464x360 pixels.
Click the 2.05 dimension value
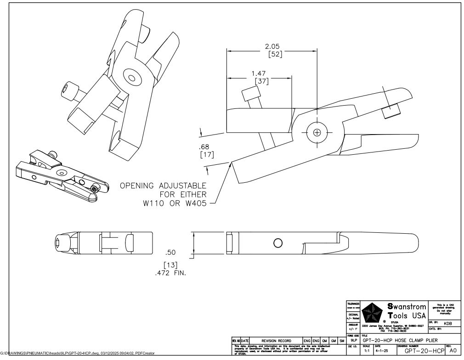(x=272, y=46)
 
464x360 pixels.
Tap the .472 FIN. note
(x=173, y=273)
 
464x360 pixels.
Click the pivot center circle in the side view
(x=317, y=132)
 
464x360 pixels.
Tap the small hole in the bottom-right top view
(x=278, y=242)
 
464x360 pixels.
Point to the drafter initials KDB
(x=448, y=323)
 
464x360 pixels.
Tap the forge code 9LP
(x=354, y=340)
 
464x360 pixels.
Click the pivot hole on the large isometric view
(x=132, y=78)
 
